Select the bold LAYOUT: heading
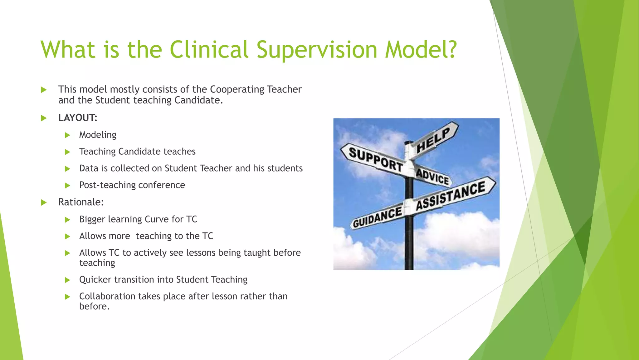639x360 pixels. [78, 118]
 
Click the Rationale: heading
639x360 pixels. [81, 202]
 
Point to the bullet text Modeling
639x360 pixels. [98, 135]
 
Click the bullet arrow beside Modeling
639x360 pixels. [67, 135]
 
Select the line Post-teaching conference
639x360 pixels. [132, 185]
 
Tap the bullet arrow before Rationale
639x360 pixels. [44, 202]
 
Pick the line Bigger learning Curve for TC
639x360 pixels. [138, 219]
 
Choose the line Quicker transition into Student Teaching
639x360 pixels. [163, 279]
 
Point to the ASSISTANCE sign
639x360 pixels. [451, 196]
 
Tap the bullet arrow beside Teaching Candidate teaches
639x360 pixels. [67, 152]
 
